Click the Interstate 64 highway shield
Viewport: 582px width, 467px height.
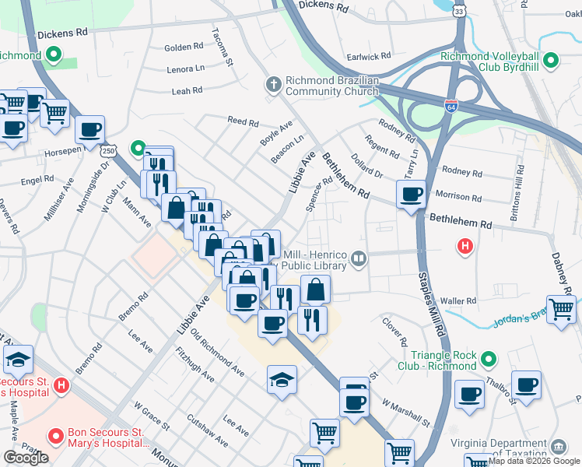point(451,104)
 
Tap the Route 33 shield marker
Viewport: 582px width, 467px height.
point(460,12)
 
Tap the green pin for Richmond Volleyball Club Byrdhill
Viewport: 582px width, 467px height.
point(551,60)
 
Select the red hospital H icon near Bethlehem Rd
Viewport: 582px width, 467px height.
point(465,247)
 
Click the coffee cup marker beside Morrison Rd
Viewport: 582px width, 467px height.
point(411,195)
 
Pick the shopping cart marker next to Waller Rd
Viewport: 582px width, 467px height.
point(560,307)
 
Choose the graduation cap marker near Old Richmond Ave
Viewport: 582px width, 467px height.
point(282,380)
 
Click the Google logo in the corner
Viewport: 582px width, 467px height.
point(26,458)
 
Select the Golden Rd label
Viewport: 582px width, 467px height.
point(184,47)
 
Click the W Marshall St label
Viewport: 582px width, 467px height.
point(406,413)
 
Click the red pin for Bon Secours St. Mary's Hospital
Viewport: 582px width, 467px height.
point(54,436)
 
